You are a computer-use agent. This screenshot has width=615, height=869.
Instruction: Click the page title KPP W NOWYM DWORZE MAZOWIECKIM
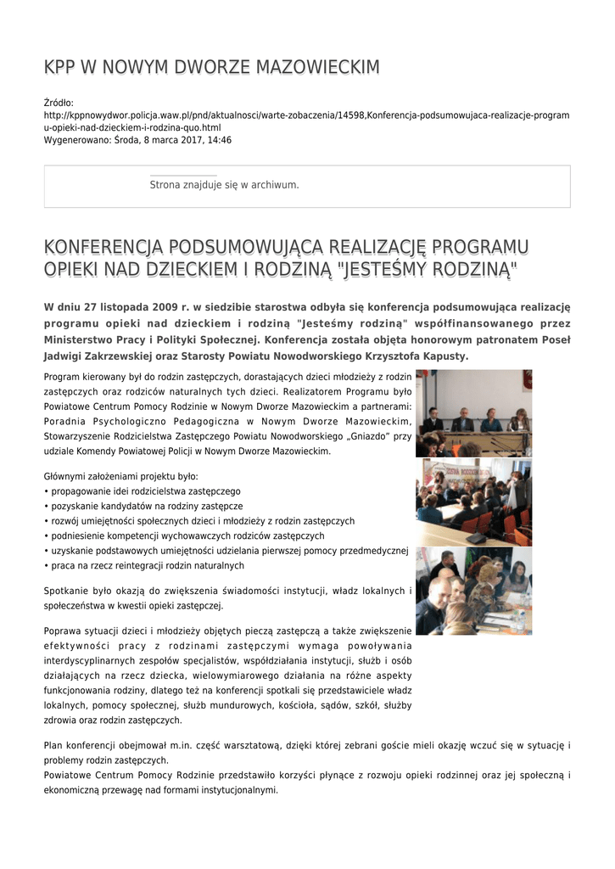(211, 67)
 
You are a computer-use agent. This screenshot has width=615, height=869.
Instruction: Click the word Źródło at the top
(59, 103)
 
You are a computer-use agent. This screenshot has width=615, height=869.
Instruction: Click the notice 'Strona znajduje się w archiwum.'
(224, 184)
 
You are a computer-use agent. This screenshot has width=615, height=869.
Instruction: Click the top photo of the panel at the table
(473, 413)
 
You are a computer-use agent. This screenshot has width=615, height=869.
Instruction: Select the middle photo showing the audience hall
(473, 502)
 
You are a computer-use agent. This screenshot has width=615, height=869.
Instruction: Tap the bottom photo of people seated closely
(473, 591)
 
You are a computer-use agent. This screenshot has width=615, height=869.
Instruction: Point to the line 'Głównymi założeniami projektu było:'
(120, 476)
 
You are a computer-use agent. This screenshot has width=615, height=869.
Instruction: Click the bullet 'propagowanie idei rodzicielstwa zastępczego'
(145, 491)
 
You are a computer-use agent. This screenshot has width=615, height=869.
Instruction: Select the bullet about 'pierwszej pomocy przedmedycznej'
(229, 551)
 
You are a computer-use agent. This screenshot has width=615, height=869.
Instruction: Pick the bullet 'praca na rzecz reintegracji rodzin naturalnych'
(147, 565)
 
